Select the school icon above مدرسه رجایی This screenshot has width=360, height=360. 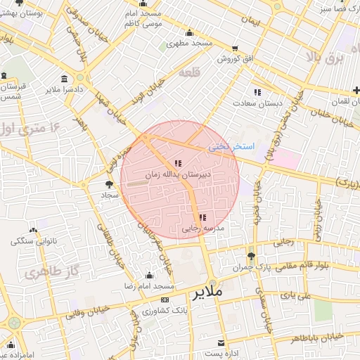pyautogui.click(x=202, y=218)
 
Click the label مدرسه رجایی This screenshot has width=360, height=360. pyautogui.click(x=202, y=229)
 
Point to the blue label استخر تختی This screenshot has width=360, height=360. pyautogui.click(x=230, y=147)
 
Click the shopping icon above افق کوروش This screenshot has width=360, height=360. pyautogui.click(x=235, y=49)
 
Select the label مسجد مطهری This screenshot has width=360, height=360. pyautogui.click(x=189, y=44)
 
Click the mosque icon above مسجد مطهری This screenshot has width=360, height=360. pyautogui.click(x=189, y=33)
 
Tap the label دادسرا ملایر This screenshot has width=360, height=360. pyautogui.click(x=65, y=89)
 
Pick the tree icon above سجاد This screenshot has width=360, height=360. pyautogui.click(x=105, y=184)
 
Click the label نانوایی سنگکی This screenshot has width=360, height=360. pyautogui.click(x=32, y=241)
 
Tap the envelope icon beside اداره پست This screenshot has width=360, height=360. pyautogui.click(x=221, y=343)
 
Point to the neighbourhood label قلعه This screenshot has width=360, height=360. pyautogui.click(x=190, y=72)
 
